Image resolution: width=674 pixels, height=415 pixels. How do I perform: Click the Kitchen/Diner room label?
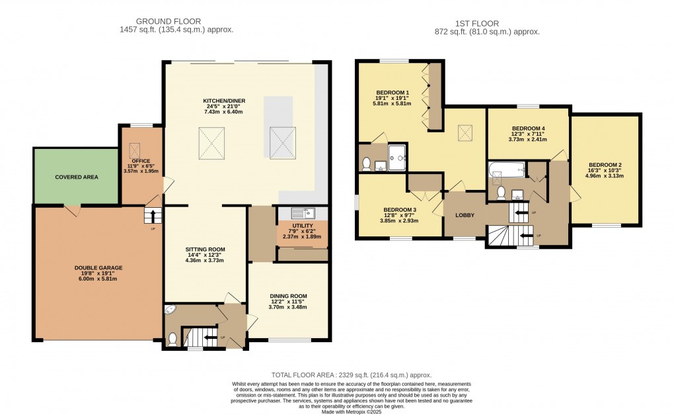224,101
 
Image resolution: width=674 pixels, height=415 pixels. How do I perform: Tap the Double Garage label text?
98,267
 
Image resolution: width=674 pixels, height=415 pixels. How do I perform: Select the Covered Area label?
77,177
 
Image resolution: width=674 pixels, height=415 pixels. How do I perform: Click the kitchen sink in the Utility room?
303,212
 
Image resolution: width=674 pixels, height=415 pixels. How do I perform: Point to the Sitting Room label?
205,250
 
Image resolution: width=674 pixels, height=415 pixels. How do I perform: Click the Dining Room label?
288,296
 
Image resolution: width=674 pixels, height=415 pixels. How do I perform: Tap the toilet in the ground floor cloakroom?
172,340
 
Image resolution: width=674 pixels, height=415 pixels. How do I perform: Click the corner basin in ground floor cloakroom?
170,310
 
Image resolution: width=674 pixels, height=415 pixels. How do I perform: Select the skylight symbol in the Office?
135,151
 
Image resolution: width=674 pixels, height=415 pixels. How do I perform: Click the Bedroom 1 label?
393,93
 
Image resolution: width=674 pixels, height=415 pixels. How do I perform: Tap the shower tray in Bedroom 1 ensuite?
396,158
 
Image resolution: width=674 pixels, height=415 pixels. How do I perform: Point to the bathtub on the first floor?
507,170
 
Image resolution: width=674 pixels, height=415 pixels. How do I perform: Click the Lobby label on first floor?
465,215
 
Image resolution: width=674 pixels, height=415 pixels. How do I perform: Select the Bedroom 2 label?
605,165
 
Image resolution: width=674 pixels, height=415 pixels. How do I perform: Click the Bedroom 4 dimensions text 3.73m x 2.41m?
528,140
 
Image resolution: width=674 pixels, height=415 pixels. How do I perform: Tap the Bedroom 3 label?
400,210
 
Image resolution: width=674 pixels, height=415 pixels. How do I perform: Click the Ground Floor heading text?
168,21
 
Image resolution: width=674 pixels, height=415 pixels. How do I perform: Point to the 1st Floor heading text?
477,24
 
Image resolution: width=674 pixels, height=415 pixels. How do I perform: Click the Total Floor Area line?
351,375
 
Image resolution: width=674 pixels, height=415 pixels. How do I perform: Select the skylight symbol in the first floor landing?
465,133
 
